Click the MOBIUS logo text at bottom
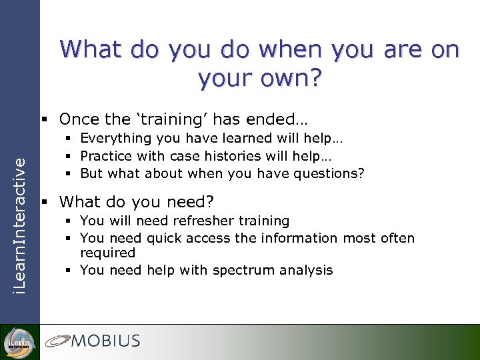coord(106,341)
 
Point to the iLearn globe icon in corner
coord(19,341)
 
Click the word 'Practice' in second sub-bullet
coord(107,155)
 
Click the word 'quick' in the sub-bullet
coord(164,238)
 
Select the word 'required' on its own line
coord(107,253)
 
